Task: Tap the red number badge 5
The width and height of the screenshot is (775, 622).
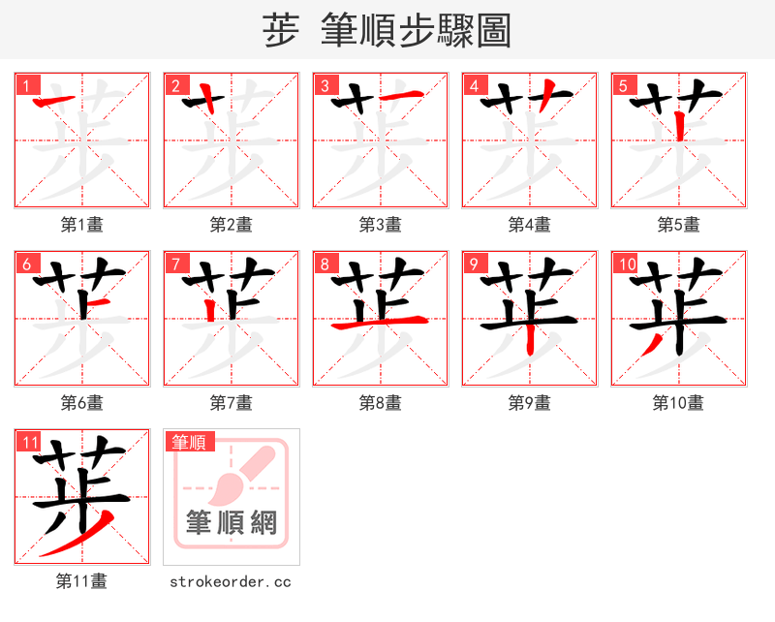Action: (x=623, y=84)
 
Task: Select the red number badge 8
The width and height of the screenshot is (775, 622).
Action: (x=325, y=263)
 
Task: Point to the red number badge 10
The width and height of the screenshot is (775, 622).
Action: (x=626, y=263)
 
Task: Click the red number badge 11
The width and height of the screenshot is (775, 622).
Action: (x=29, y=442)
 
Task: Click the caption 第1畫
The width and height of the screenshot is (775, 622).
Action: (x=82, y=225)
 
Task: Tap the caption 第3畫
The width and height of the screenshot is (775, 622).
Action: (x=381, y=225)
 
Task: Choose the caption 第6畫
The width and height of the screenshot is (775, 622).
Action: (x=82, y=403)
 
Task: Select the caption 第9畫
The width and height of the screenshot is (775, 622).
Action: (x=530, y=403)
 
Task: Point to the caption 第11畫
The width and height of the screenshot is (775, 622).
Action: (x=82, y=581)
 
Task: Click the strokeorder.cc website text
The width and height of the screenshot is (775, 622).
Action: (x=231, y=582)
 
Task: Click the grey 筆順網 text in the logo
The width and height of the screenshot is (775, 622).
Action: (x=232, y=522)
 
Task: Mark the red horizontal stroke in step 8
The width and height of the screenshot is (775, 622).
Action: (x=380, y=324)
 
